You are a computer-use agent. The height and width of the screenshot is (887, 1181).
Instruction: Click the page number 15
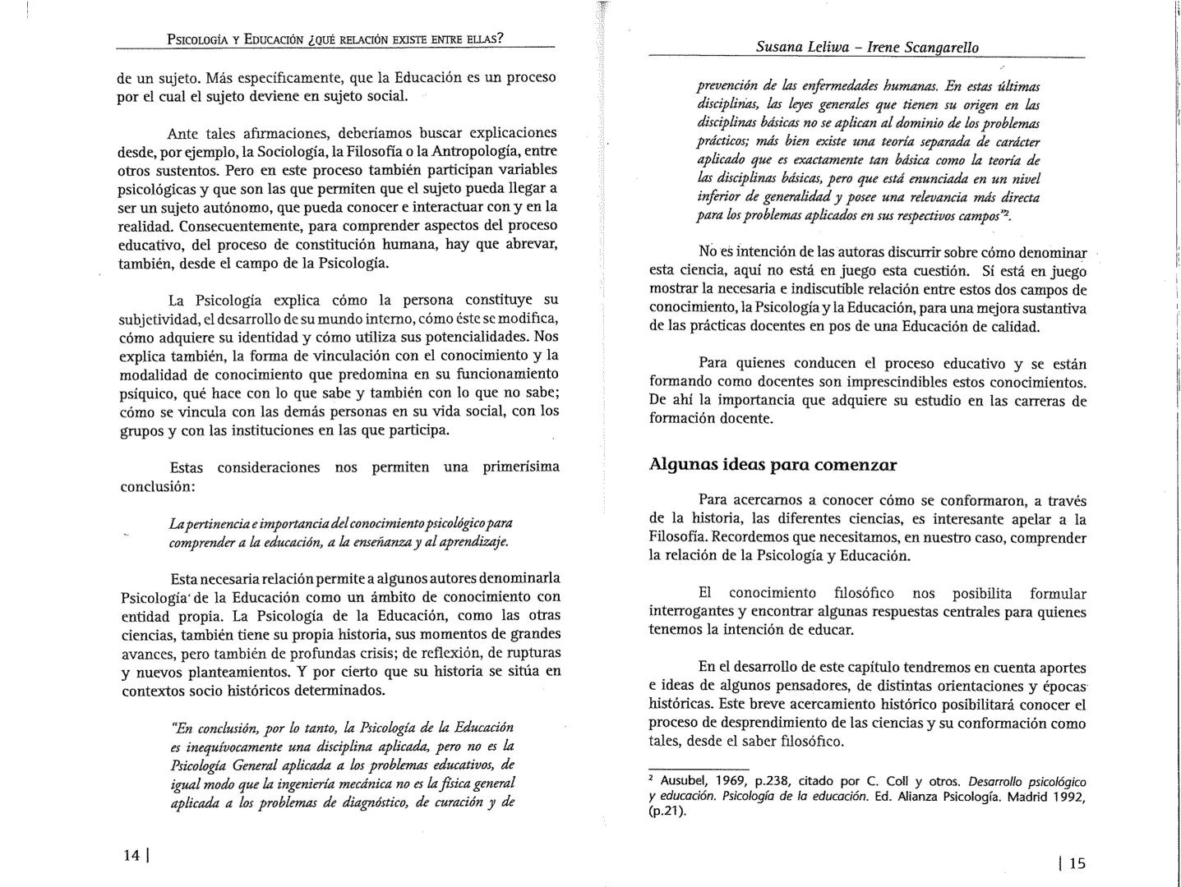coord(1077,862)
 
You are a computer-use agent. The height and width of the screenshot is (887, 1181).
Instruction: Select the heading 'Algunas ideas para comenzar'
coord(773,465)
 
